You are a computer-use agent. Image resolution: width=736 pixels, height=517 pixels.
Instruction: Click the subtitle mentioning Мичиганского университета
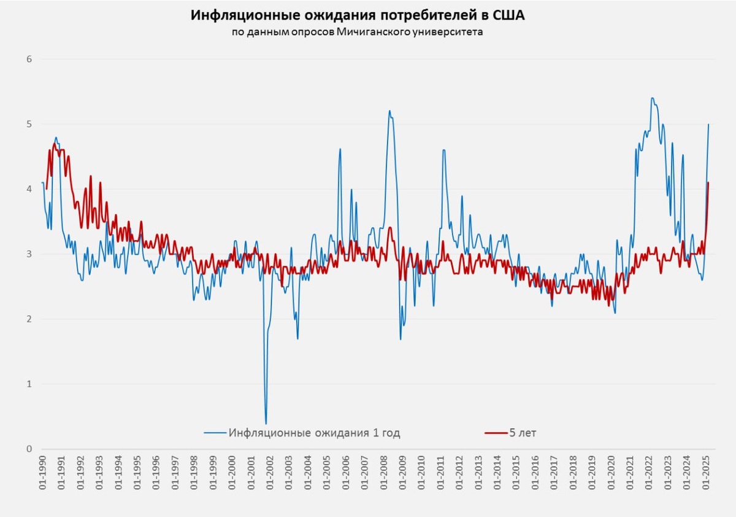point(358,32)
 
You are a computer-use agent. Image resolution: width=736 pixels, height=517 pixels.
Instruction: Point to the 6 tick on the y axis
point(28,60)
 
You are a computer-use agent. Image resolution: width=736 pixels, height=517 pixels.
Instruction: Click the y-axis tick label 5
point(28,124)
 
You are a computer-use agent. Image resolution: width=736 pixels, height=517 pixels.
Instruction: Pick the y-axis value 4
point(28,189)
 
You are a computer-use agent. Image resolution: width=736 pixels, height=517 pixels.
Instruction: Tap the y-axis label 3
point(28,254)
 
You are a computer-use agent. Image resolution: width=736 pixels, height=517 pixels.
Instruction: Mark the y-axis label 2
point(28,319)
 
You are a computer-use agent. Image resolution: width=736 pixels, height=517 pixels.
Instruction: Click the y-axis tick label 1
point(28,384)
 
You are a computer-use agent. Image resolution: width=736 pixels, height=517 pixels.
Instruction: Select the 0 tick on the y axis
point(28,449)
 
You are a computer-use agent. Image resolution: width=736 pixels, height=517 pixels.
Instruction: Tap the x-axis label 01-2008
point(383,473)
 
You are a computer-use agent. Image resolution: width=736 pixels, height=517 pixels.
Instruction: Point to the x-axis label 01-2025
point(705,473)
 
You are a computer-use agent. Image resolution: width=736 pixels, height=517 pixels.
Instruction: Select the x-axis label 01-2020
point(611,473)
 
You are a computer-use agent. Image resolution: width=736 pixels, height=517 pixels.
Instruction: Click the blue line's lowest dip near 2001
point(266,423)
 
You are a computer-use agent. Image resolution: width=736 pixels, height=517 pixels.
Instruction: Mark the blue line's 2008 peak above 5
point(389,111)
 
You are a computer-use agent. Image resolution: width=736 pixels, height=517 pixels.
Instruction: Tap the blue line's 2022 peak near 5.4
point(652,98)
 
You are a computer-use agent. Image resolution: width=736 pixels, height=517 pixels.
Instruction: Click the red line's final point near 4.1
point(708,182)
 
